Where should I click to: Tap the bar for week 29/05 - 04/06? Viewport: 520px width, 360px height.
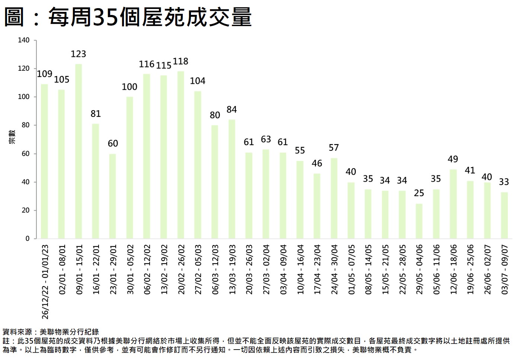pyautogui.click(x=419, y=221)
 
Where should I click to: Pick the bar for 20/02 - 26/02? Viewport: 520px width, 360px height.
pyautogui.click(x=181, y=154)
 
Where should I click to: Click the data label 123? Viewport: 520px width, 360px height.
pyautogui.click(x=79, y=54)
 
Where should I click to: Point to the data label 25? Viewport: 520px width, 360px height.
pyautogui.click(x=419, y=193)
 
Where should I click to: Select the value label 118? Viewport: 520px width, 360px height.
pyautogui.click(x=181, y=61)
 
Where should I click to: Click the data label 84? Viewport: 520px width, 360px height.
pyautogui.click(x=232, y=110)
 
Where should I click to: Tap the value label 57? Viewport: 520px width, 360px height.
pyautogui.click(x=334, y=148)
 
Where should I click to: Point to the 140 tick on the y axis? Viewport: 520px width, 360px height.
pyautogui.click(x=24, y=40)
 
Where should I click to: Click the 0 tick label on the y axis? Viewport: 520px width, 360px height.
pyautogui.click(x=28, y=239)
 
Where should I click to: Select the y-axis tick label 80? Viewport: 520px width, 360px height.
pyautogui.click(x=25, y=125)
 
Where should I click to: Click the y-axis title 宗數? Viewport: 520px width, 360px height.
pyautogui.click(x=12, y=137)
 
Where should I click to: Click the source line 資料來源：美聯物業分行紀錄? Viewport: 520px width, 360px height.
pyautogui.click(x=51, y=332)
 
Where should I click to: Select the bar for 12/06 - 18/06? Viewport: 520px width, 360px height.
pyautogui.click(x=453, y=204)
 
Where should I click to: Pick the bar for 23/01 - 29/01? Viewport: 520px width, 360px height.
pyautogui.click(x=112, y=196)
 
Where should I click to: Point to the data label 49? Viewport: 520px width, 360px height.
pyautogui.click(x=453, y=159)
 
